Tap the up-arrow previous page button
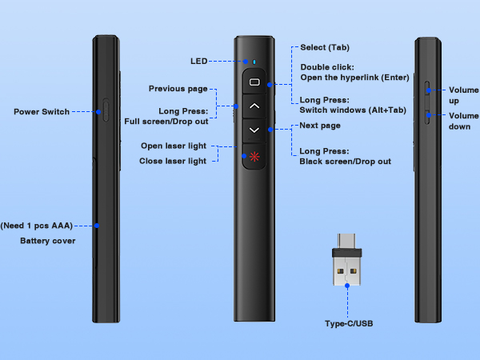click(x=254, y=105)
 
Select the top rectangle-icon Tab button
click(x=254, y=82)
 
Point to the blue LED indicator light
click(x=254, y=62)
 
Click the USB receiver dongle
click(x=346, y=266)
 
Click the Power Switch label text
click(x=41, y=112)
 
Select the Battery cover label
click(x=48, y=239)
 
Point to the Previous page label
click(x=178, y=88)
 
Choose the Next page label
click(x=319, y=126)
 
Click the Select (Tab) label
click(x=325, y=48)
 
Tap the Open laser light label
click(x=174, y=146)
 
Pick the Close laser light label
click(x=174, y=161)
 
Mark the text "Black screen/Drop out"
click(x=345, y=162)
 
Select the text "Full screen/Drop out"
click(x=166, y=121)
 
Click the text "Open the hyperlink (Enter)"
click(x=354, y=78)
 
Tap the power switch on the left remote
click(x=106, y=111)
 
